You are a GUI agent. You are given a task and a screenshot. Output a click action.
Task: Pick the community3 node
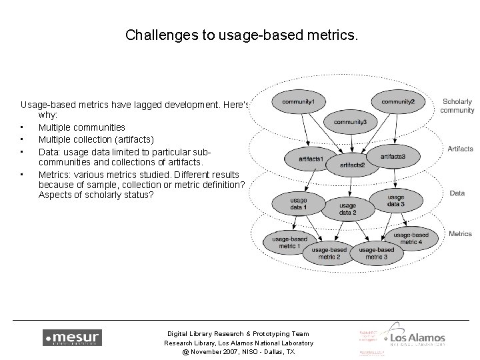tap(350, 122)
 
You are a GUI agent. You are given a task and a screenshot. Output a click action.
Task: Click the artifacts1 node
tap(310, 159)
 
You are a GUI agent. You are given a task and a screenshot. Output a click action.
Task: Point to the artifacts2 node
tap(351, 164)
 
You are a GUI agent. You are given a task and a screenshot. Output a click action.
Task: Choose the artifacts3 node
tap(393, 156)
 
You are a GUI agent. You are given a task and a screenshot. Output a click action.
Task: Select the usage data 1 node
tap(299, 204)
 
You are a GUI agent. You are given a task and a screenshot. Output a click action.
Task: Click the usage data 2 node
tap(347, 209)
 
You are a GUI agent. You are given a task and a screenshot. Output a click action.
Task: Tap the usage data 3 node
tap(395, 200)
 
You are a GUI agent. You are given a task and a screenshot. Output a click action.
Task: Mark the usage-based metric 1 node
tap(289, 242)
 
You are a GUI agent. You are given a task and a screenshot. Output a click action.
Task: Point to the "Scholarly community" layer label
tap(457, 106)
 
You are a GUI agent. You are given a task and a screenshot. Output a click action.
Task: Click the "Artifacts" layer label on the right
tap(460, 149)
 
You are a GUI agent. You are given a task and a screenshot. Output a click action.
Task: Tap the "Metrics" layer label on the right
tap(460, 234)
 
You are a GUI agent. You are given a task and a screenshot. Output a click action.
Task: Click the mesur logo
tap(72, 338)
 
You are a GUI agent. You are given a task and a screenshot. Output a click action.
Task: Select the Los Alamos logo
tap(417, 339)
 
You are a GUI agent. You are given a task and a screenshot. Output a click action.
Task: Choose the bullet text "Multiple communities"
tap(81, 127)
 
